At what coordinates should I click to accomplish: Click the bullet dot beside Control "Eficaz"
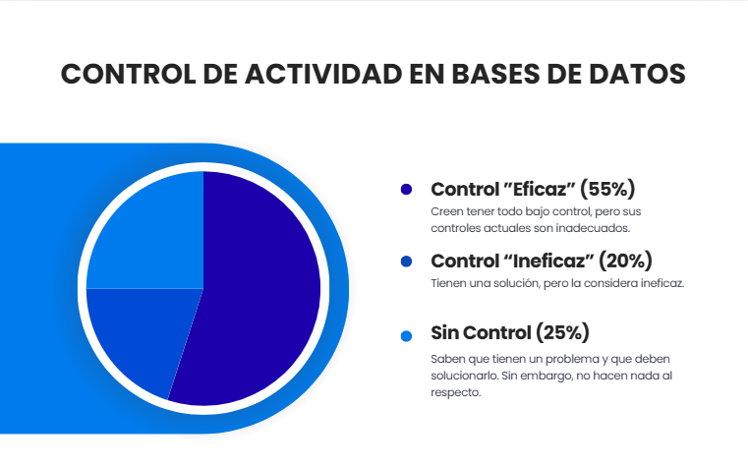pyautogui.click(x=406, y=189)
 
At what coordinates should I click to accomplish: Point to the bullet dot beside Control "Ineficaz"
pyautogui.click(x=406, y=262)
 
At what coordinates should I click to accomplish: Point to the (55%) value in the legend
pyautogui.click(x=608, y=189)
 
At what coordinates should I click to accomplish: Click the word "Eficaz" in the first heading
pyautogui.click(x=539, y=189)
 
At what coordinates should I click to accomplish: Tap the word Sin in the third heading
pyautogui.click(x=447, y=332)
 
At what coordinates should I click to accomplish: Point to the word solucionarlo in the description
pyautogui.click(x=464, y=376)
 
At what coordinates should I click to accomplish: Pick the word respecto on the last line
pyautogui.click(x=456, y=393)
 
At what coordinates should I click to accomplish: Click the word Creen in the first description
pyautogui.click(x=447, y=211)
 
